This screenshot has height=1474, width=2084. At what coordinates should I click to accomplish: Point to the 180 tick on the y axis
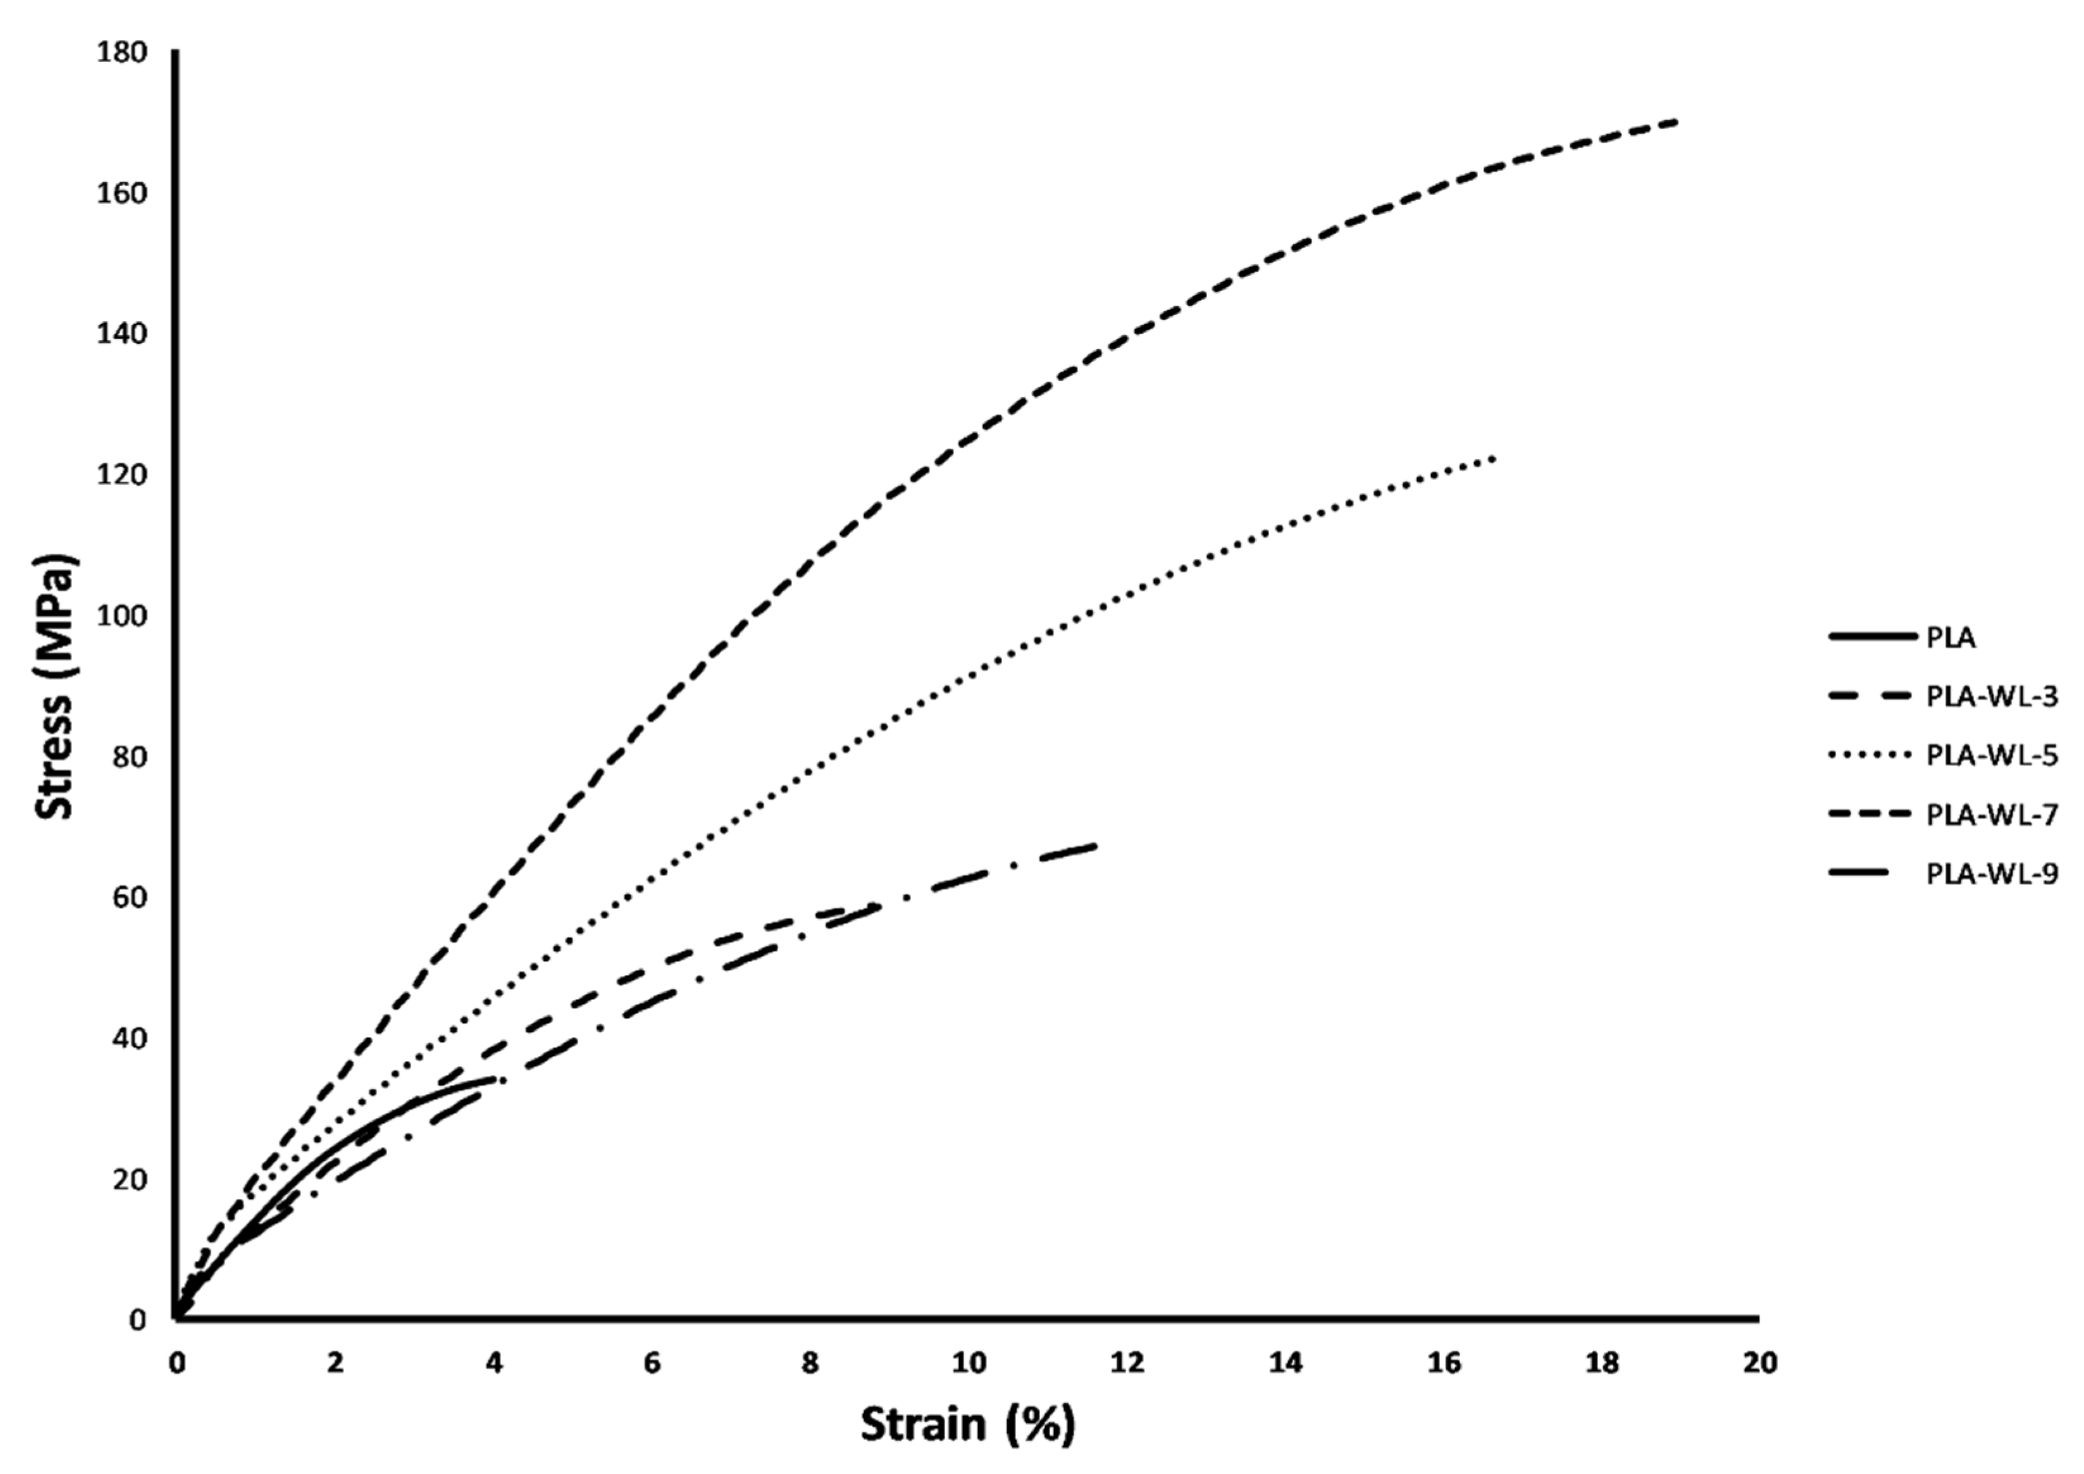(x=121, y=53)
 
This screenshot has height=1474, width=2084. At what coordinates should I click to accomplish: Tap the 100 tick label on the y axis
(x=121, y=616)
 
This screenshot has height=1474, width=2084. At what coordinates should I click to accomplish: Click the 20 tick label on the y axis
(x=129, y=1179)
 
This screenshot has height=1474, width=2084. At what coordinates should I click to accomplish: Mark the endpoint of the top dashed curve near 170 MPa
(x=1675, y=121)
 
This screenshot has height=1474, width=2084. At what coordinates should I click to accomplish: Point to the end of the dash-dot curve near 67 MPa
(x=1096, y=845)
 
